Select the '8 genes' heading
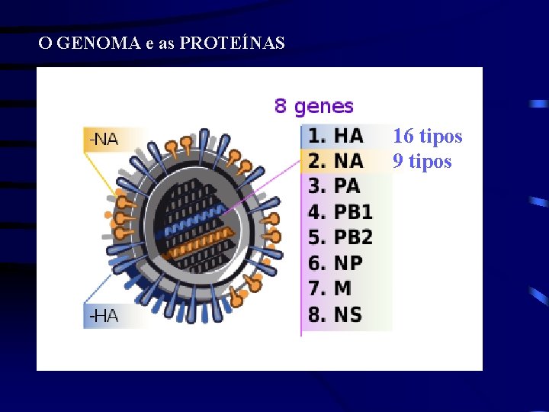314,106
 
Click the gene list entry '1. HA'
335,136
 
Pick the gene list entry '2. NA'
335,161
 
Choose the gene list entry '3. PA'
334,186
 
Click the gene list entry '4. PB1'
340,211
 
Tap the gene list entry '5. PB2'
340,237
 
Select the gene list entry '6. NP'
335,263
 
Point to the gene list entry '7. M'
330,288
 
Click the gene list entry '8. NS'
335,314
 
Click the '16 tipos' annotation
427,137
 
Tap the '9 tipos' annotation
422,162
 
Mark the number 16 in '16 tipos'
403,137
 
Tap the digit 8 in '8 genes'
281,106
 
